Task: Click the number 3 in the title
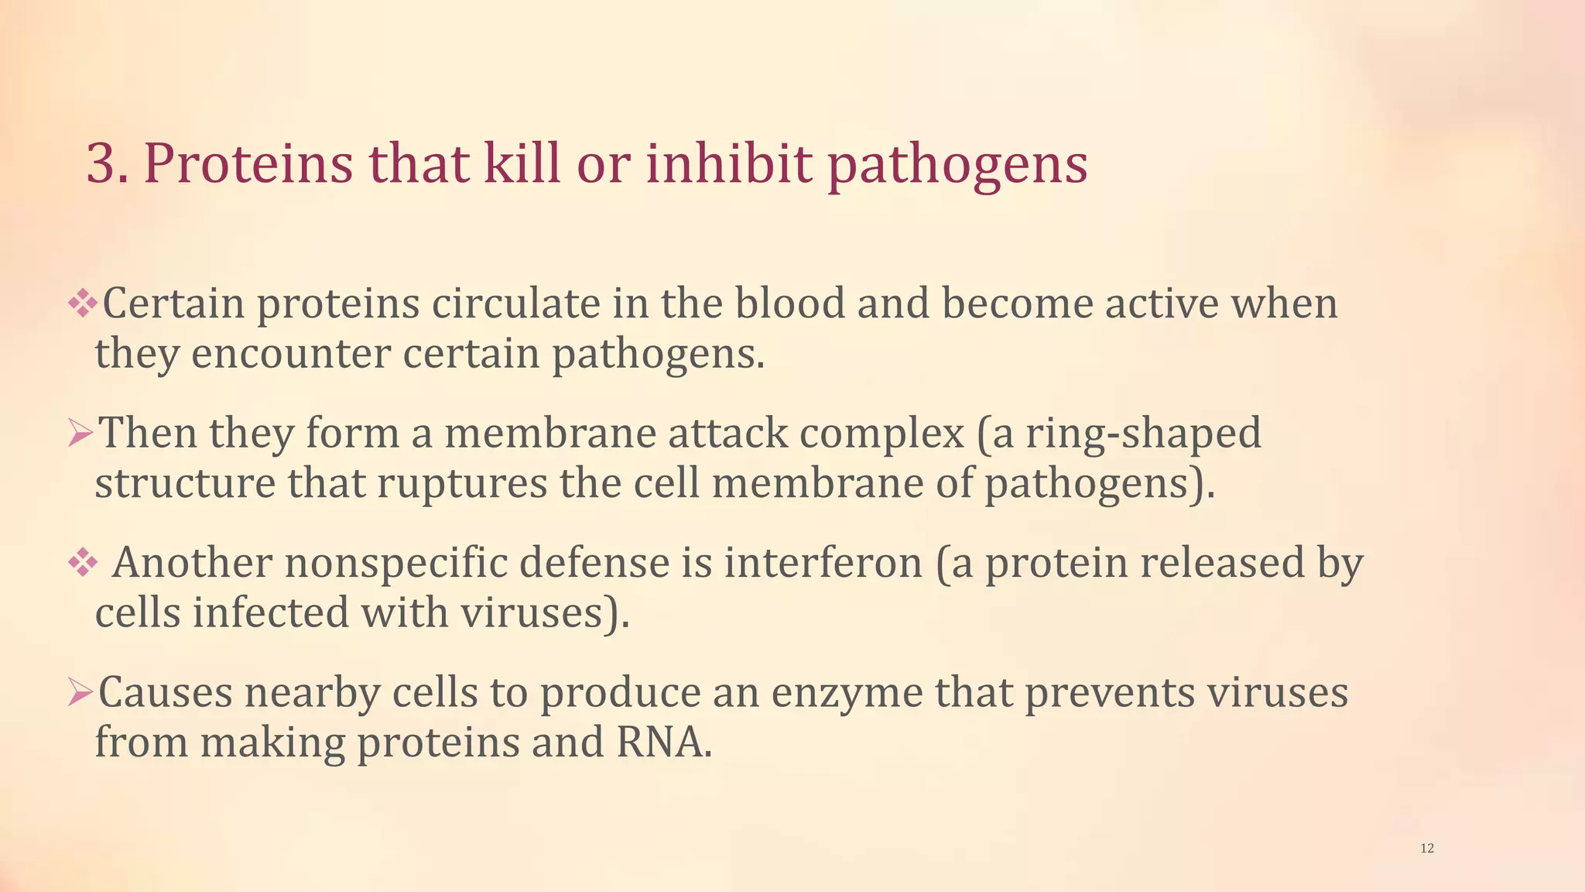pos(105,164)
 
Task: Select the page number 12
pos(1427,849)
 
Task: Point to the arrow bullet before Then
pos(80,432)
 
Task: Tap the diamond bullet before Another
pos(81,562)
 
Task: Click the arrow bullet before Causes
pos(80,691)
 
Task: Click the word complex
pos(882,433)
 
